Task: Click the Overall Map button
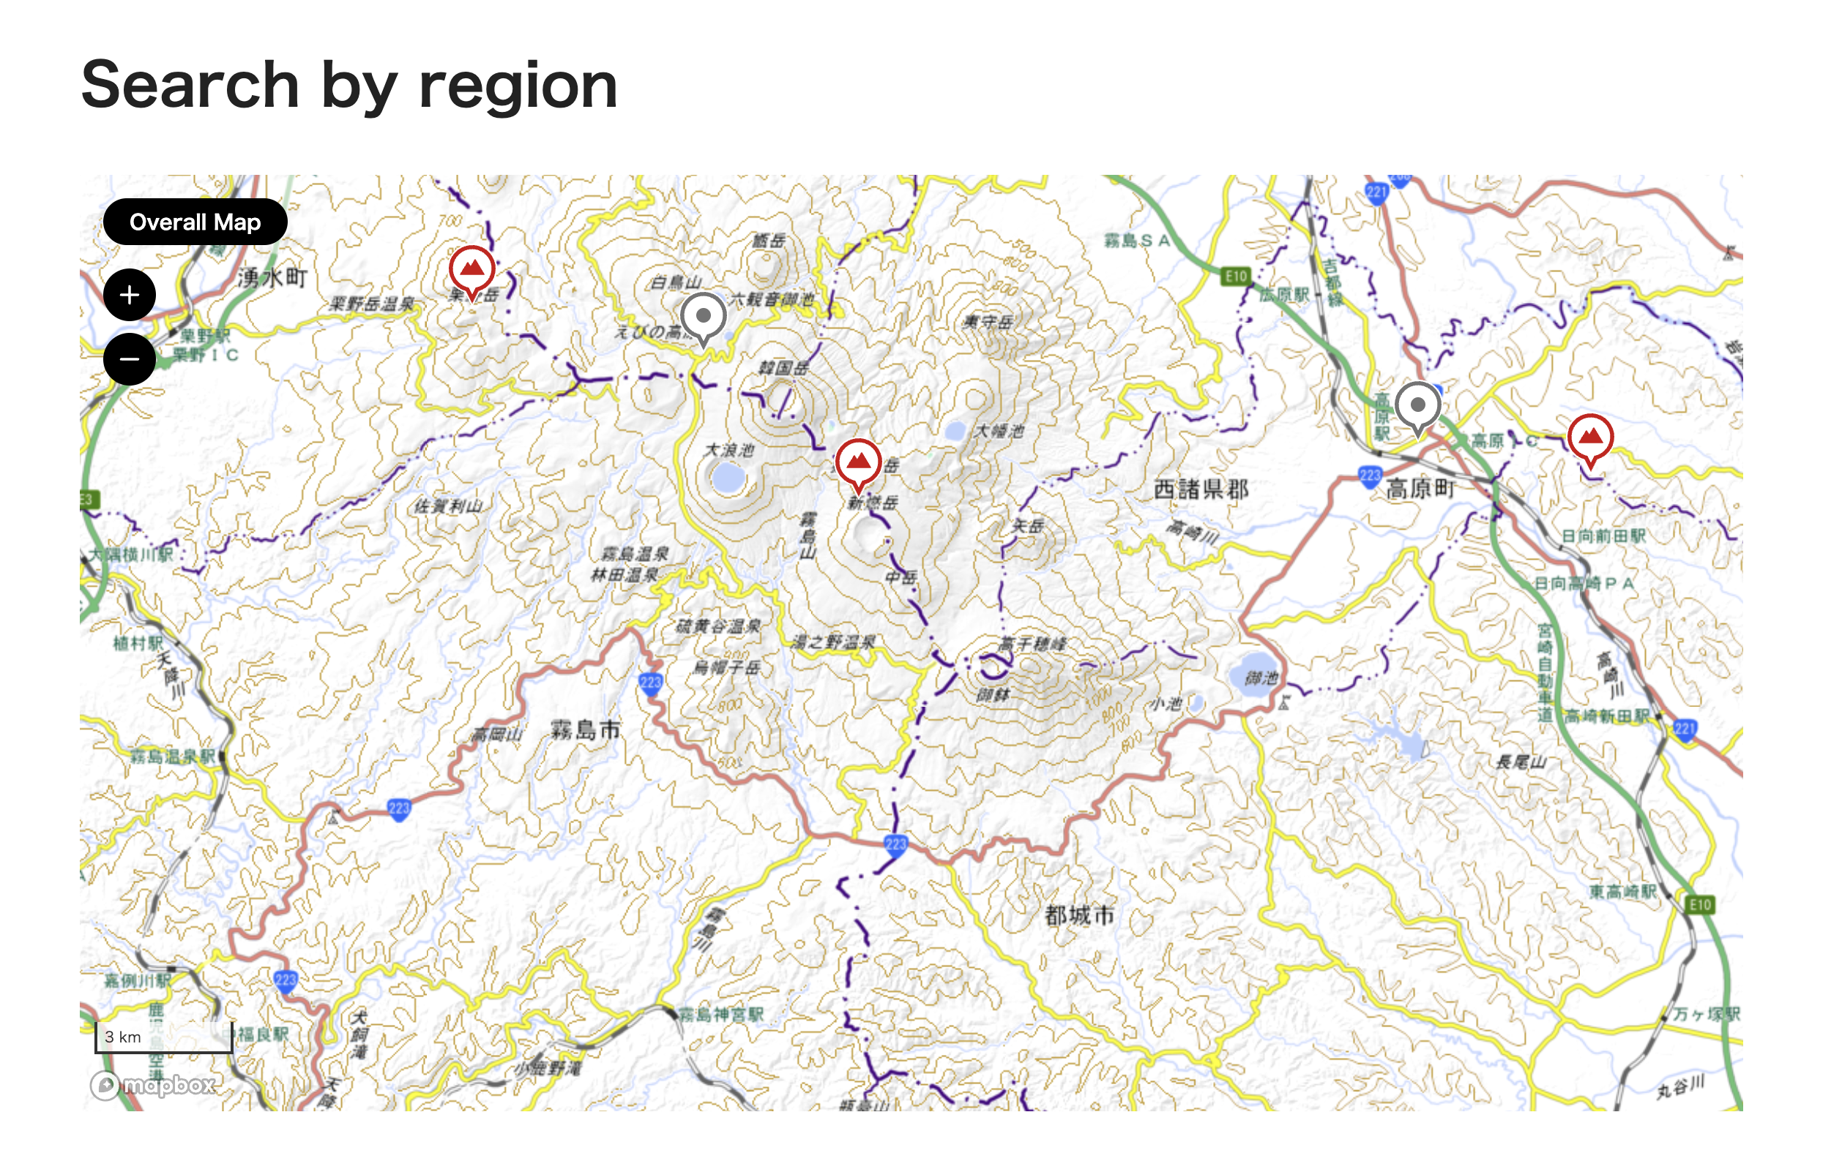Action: pyautogui.click(x=195, y=222)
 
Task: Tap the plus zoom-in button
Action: pyautogui.click(x=130, y=295)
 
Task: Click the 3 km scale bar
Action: pyautogui.click(x=164, y=1037)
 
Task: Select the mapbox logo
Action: pyautogui.click(x=153, y=1084)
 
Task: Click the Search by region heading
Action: pyautogui.click(x=348, y=85)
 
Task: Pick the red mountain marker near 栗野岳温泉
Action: pyautogui.click(x=471, y=270)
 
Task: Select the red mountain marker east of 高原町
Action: pyautogui.click(x=1589, y=439)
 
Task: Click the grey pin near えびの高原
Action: pyautogui.click(x=703, y=317)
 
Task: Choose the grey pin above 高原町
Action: pyautogui.click(x=1417, y=406)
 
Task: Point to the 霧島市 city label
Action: pyautogui.click(x=586, y=729)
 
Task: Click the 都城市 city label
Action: pyautogui.click(x=1079, y=914)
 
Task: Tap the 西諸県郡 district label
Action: pyautogui.click(x=1200, y=489)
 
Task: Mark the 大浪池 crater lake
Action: pyautogui.click(x=728, y=478)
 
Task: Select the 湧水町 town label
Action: pyautogui.click(x=272, y=277)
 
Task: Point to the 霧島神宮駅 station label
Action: pyautogui.click(x=721, y=1015)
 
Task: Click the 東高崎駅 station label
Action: pyautogui.click(x=1622, y=891)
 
